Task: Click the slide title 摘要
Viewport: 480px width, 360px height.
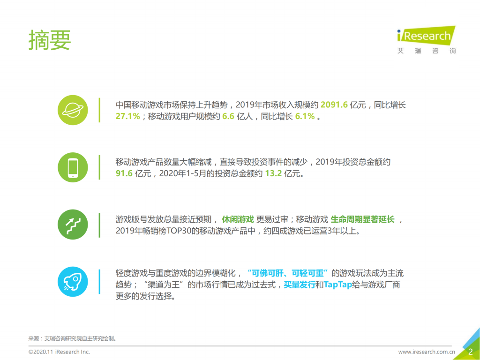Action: [x=49, y=40]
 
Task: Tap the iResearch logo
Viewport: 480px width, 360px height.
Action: [x=426, y=40]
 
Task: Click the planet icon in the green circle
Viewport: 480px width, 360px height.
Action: [x=73, y=110]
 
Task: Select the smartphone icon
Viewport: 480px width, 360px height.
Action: [x=73, y=167]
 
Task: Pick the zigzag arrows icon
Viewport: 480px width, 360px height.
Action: [x=73, y=225]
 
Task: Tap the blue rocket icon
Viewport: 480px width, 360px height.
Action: [x=73, y=282]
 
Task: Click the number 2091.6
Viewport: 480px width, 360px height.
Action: [x=334, y=105]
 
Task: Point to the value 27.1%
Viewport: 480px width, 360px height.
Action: [x=127, y=116]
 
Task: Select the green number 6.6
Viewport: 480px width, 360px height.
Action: [x=228, y=116]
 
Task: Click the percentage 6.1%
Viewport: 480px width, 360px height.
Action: [x=305, y=116]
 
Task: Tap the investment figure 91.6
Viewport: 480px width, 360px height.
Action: [x=124, y=173]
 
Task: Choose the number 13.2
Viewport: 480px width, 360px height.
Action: [x=274, y=173]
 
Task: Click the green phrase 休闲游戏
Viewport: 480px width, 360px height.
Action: [x=238, y=219]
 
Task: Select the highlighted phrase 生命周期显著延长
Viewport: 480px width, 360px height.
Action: [x=363, y=219]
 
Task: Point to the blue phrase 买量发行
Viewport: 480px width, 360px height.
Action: [x=299, y=285]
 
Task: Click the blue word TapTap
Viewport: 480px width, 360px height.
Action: [x=337, y=285]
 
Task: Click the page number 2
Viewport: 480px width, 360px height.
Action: [x=470, y=352]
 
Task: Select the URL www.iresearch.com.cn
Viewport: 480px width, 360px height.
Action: [x=427, y=352]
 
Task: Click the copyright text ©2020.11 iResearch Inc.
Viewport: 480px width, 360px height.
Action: [x=59, y=352]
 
